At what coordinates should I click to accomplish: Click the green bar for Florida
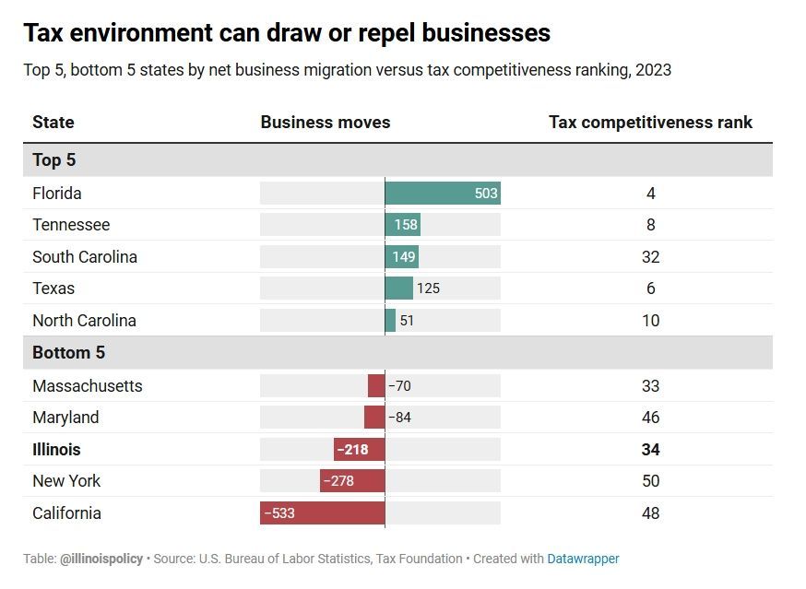click(442, 194)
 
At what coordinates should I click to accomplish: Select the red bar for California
click(322, 513)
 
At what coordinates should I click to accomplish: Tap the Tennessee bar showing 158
click(402, 225)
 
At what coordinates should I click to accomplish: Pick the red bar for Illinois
click(359, 450)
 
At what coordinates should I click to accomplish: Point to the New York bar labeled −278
click(352, 481)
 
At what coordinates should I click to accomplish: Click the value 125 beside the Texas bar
click(428, 289)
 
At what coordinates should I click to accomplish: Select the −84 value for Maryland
click(399, 418)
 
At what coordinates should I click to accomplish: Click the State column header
click(53, 123)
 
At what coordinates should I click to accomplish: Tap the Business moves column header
click(325, 123)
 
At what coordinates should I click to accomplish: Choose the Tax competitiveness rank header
click(650, 123)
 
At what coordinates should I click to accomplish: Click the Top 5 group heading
click(54, 160)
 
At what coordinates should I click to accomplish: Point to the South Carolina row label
click(85, 257)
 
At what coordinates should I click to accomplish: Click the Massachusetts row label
click(88, 386)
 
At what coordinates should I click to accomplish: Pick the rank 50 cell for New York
click(650, 481)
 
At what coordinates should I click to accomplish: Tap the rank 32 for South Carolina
click(650, 257)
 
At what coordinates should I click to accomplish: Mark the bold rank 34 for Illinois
click(650, 450)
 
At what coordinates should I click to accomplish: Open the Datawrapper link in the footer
click(583, 559)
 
